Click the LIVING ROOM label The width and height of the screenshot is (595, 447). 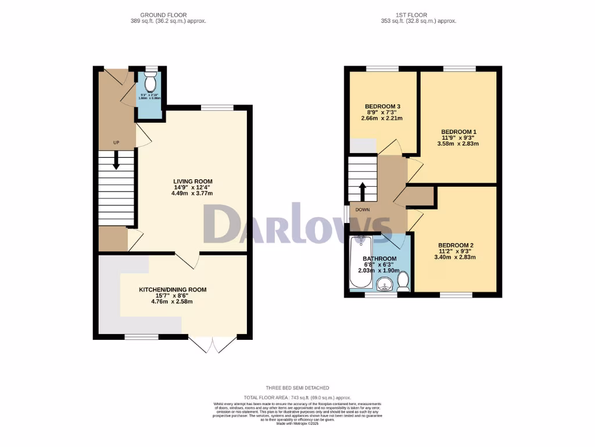[x=192, y=181]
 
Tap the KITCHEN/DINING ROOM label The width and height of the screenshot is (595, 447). [x=173, y=289]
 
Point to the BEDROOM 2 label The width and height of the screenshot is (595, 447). [x=456, y=244]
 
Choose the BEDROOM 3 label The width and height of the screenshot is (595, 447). [x=383, y=106]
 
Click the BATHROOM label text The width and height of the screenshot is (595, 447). [x=379, y=258]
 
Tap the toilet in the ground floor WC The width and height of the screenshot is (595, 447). [x=150, y=79]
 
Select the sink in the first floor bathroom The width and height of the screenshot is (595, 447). [x=384, y=284]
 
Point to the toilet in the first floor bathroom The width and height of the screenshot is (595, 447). [x=403, y=282]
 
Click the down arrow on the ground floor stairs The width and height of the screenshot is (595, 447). [x=116, y=160]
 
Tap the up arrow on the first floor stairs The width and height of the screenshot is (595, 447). [x=363, y=191]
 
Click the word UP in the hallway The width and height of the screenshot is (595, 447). [x=116, y=142]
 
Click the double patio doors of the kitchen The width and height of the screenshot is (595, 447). [x=214, y=345]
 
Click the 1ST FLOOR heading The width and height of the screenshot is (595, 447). [x=415, y=15]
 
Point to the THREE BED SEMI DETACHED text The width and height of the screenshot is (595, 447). [x=297, y=388]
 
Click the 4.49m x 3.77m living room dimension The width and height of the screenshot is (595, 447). [x=192, y=194]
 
